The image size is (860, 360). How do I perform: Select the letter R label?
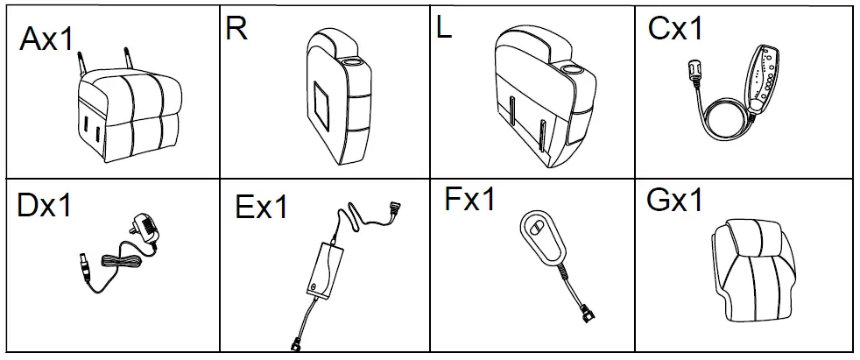(236, 28)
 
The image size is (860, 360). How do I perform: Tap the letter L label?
(446, 29)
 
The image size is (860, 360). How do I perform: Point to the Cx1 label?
(676, 30)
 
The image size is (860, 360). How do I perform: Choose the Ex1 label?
(262, 208)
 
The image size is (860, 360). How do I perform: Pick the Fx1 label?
(470, 199)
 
